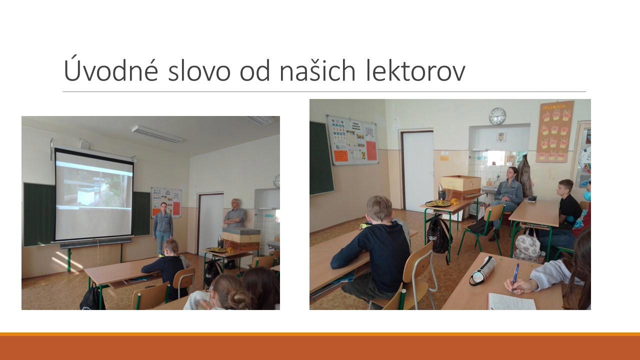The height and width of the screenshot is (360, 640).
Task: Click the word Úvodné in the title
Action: click(111, 69)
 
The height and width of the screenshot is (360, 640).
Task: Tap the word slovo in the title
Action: click(199, 70)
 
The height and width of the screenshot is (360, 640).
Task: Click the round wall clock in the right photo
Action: click(497, 116)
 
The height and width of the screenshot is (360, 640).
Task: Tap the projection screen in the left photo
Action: click(93, 195)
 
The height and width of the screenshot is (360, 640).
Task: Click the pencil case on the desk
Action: click(483, 270)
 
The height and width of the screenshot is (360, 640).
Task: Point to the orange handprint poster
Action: click(554, 131)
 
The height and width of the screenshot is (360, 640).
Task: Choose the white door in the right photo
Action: click(418, 171)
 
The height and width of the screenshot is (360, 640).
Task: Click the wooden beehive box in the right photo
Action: click(460, 186)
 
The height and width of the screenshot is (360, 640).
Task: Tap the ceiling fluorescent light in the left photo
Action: click(157, 133)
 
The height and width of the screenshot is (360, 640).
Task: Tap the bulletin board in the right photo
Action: click(353, 140)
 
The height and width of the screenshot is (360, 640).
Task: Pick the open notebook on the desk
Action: click(511, 301)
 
